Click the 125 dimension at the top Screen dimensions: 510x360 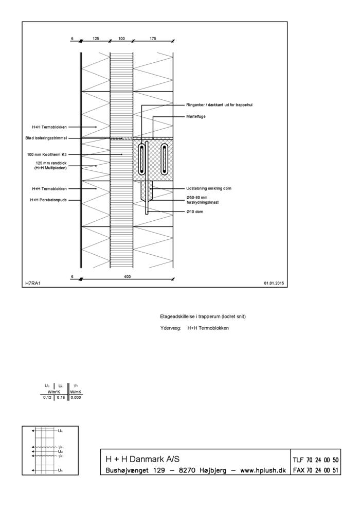(x=96, y=38)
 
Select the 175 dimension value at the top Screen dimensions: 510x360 (x=153, y=38)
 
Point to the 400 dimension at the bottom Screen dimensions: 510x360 (x=128, y=277)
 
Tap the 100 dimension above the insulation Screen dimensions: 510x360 (x=121, y=38)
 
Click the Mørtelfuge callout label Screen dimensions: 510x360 (x=196, y=117)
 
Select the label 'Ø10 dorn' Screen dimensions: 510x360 (x=195, y=212)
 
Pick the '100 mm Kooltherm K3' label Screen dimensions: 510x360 (x=47, y=154)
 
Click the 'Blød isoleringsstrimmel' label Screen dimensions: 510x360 (x=46, y=138)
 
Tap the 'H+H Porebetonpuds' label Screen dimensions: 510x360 (x=48, y=200)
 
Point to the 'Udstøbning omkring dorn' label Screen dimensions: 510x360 (x=209, y=188)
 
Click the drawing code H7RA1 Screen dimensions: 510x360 (x=32, y=283)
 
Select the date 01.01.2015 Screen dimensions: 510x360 (x=274, y=283)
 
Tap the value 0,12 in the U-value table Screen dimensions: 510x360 (x=47, y=397)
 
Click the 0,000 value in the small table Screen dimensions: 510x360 (x=76, y=397)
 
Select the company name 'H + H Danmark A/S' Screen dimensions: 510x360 (x=142, y=459)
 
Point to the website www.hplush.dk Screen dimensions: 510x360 (x=256, y=470)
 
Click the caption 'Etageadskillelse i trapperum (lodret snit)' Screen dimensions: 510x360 (x=203, y=316)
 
